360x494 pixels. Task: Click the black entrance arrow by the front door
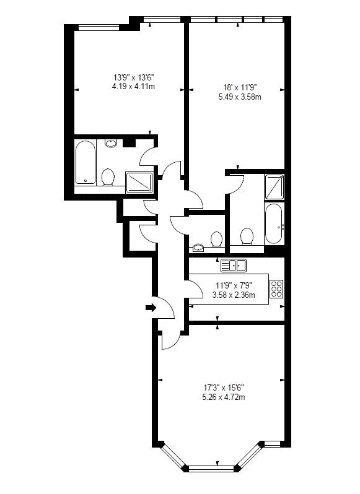coord(149,307)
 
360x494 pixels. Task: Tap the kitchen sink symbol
coord(234,266)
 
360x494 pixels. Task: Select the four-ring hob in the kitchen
coord(276,289)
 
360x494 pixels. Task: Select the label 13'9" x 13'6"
coord(133,77)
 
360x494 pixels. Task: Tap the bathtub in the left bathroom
coord(85,163)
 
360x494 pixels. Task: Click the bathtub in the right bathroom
coord(273,225)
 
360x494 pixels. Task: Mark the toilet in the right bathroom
coord(247,236)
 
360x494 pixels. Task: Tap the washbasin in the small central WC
coord(198,248)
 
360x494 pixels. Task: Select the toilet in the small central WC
coord(217,238)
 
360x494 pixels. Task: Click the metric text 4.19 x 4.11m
coord(133,87)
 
